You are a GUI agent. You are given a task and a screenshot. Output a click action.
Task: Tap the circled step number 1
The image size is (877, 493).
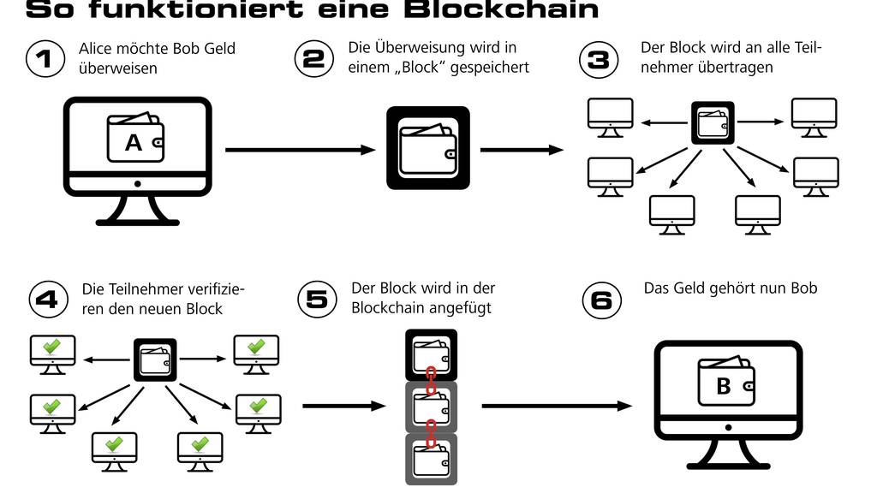coord(45,59)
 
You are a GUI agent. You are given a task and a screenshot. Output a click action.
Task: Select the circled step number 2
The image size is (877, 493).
coord(314,58)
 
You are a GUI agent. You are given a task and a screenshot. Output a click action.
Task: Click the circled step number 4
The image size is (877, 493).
coord(48,299)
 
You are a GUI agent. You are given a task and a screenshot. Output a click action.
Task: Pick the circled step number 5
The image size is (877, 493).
coord(317,299)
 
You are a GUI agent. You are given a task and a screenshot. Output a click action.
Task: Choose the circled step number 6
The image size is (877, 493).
coord(602,300)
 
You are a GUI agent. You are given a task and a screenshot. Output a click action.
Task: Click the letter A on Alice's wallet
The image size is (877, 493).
coord(134,143)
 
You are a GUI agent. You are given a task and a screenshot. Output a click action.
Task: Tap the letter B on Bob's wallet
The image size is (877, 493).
coord(724,386)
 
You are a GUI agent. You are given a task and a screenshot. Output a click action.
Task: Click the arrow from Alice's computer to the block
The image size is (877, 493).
coord(300,150)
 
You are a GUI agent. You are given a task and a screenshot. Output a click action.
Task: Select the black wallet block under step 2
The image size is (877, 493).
coord(428,148)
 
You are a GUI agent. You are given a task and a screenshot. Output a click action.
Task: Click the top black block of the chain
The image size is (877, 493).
coord(431,355)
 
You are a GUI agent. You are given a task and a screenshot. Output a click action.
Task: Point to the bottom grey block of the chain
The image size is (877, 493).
coord(431,460)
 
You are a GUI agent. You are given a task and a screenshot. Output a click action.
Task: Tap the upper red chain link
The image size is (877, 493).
coord(432,377)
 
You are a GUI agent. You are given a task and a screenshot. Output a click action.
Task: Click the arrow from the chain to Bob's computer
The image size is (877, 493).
coord(557,407)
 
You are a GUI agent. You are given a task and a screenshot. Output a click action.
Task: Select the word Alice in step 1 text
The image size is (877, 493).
coord(96,50)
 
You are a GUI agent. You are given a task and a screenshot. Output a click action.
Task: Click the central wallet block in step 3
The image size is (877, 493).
coord(713,122)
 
